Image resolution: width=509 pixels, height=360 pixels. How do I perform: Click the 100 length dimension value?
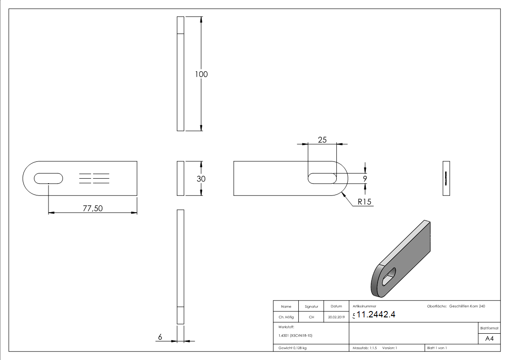(201, 74)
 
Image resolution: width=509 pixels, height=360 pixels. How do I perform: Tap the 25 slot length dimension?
(322, 140)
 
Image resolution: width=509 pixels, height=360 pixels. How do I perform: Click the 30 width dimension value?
(201, 179)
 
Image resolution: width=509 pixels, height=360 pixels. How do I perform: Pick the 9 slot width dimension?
(365, 179)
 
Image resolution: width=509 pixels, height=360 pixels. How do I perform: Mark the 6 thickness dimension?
(160, 337)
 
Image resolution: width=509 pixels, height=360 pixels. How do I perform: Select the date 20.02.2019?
(336, 317)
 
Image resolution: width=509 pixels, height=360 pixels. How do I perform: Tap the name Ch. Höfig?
(286, 317)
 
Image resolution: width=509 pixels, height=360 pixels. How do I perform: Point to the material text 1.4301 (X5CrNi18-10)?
(296, 336)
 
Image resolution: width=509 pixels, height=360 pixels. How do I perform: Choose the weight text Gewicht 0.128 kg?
(292, 348)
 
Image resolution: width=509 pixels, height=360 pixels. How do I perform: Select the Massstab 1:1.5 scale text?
(365, 348)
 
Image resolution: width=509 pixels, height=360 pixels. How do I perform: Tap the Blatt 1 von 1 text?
(437, 348)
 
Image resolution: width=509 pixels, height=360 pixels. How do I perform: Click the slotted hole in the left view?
(48, 178)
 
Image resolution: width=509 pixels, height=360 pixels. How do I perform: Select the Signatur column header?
(311, 306)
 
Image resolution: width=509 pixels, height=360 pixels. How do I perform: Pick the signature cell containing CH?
(311, 317)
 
